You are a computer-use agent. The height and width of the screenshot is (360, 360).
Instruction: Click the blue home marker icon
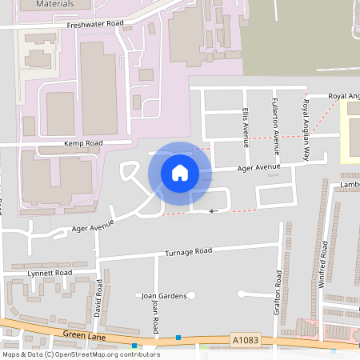pyautogui.click(x=179, y=172)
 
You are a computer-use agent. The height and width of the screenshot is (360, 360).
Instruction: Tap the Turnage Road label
pyautogui.click(x=188, y=252)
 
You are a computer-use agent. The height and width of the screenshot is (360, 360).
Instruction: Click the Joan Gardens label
pyautogui.click(x=164, y=296)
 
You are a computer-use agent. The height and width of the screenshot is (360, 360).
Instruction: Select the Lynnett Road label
pyautogui.click(x=50, y=273)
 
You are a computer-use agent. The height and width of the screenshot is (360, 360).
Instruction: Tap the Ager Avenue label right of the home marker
pyautogui.click(x=258, y=167)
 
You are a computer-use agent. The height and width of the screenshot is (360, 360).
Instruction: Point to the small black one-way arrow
pyautogui.click(x=213, y=211)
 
